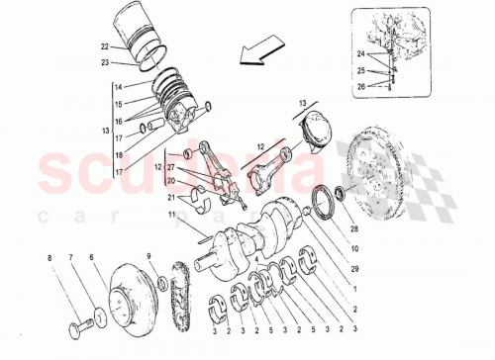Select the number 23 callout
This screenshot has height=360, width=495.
(104, 64)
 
